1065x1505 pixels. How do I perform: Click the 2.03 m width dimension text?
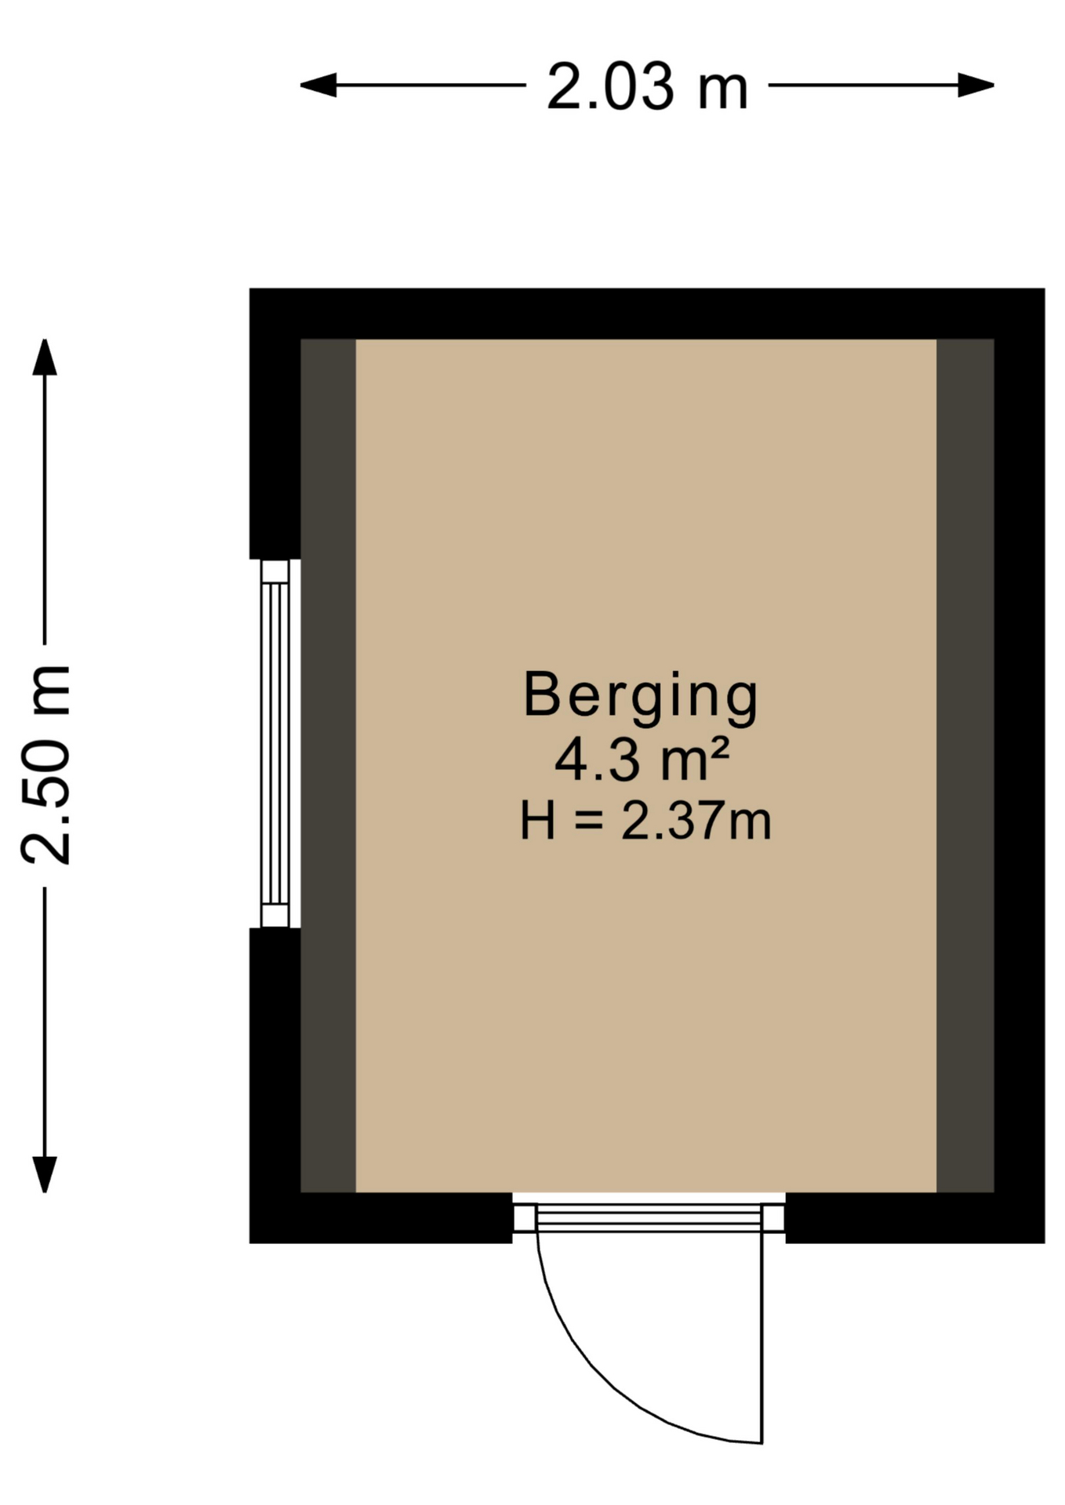647,86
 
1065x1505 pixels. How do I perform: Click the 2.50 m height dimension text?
46,765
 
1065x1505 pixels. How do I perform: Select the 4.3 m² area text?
642,760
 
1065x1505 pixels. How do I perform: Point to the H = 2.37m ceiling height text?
645,821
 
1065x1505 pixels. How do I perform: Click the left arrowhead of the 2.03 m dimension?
318,85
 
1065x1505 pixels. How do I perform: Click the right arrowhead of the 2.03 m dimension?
976,85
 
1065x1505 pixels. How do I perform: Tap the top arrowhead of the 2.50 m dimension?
45,357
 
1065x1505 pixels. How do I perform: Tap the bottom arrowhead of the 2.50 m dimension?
45,1174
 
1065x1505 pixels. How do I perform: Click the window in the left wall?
275,743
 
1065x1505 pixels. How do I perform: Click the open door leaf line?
761,1336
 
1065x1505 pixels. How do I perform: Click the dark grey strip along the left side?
329,766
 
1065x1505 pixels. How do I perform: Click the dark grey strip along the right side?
965,766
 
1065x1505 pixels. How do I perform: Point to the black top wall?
647,314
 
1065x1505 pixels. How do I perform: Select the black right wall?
1020,766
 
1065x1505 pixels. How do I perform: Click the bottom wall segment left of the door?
381,1218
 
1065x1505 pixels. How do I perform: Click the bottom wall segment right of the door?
915,1218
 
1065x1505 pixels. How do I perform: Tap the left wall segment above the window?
275,423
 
